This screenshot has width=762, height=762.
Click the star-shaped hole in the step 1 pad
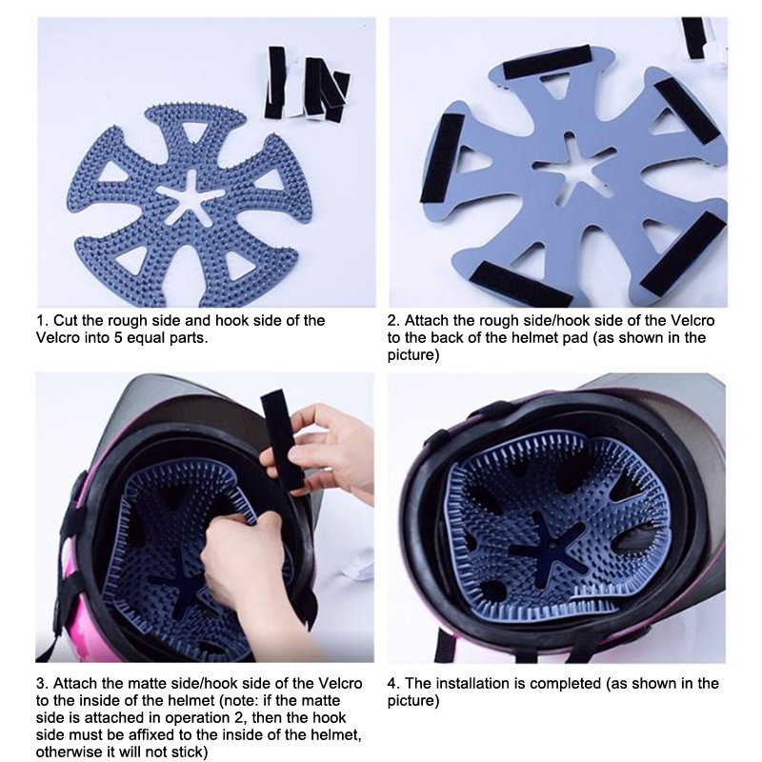pos(191,198)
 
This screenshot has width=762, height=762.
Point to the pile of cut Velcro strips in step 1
pos(306,84)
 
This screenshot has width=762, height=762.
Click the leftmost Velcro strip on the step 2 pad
pos(442,158)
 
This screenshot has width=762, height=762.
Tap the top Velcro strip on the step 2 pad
pos(547,62)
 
